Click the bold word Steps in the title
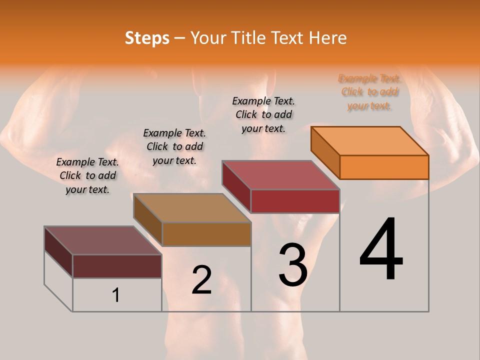[x=147, y=38]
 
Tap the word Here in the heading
[x=328, y=38]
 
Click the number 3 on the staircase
[x=293, y=265]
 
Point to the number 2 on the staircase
[x=202, y=280]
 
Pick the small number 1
[x=116, y=295]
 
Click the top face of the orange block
[x=370, y=141]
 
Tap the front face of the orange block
[x=384, y=167]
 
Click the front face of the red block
[x=295, y=201]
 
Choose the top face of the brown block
[x=192, y=208]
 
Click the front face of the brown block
[x=206, y=234]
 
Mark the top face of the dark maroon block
[x=103, y=240]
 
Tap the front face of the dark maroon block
[x=117, y=266]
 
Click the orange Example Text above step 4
[x=369, y=92]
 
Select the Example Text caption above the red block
[x=263, y=114]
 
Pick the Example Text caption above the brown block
[x=174, y=146]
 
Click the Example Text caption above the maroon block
[x=87, y=175]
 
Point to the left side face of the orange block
[x=325, y=152]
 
